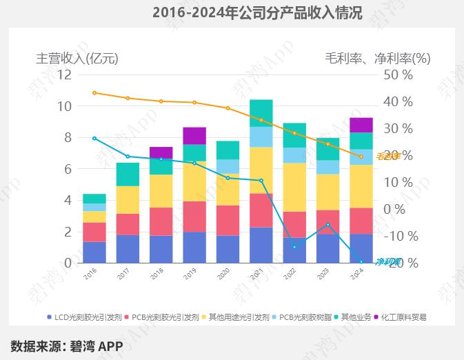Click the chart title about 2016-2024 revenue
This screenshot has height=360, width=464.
256,12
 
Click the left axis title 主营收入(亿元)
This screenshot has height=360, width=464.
77,59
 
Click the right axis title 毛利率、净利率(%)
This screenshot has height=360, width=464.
377,59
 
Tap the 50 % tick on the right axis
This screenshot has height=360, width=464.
398,74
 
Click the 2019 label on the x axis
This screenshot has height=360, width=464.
190,274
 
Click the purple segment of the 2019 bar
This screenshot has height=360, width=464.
194,135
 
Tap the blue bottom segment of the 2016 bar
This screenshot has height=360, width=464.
94,252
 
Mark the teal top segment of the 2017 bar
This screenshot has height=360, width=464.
128,174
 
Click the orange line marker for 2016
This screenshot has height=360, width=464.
94,92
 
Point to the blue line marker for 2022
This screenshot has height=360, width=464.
294,247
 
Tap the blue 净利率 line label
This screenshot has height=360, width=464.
388,261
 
